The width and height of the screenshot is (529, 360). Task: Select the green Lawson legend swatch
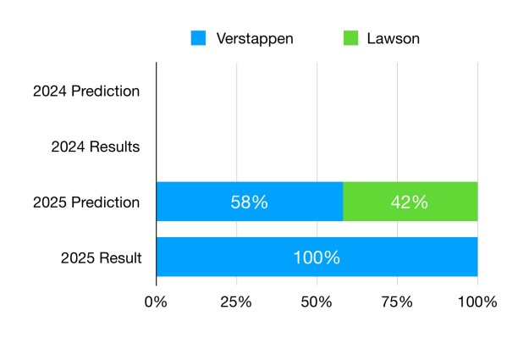[x=350, y=38]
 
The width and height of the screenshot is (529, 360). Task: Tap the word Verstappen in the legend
[x=254, y=38]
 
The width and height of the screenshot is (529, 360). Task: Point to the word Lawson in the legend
[x=393, y=38]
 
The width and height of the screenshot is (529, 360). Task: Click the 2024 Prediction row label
[x=86, y=91]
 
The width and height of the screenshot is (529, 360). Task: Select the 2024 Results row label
[x=95, y=147]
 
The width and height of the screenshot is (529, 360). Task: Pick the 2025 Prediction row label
[x=86, y=202]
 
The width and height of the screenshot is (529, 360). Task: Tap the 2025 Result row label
[x=101, y=258]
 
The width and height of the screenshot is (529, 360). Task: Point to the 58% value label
[x=250, y=202]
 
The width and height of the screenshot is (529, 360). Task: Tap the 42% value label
[x=410, y=202]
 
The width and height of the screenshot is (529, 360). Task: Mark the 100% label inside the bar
[x=317, y=258]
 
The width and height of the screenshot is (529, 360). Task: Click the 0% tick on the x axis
[x=156, y=302]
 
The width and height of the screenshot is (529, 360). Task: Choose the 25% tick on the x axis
[x=236, y=302]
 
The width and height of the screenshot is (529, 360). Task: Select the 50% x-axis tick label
[x=317, y=302]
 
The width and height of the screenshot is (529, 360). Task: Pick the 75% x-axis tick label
[x=397, y=302]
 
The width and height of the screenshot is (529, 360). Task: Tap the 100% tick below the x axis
[x=477, y=302]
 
